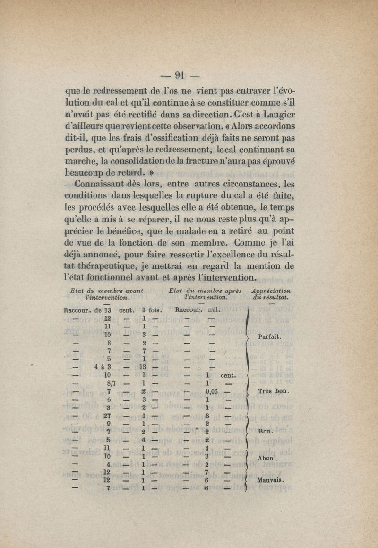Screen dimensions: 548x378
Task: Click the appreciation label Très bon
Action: pyautogui.click(x=274, y=392)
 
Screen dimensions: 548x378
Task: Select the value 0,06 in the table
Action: pyautogui.click(x=211, y=392)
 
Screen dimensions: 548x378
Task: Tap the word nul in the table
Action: pyautogui.click(x=215, y=310)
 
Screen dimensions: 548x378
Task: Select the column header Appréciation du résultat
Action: pyautogui.click(x=271, y=294)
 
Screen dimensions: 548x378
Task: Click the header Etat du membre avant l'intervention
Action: pyautogui.click(x=106, y=294)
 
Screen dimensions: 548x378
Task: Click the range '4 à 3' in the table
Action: pyautogui.click(x=103, y=366)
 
